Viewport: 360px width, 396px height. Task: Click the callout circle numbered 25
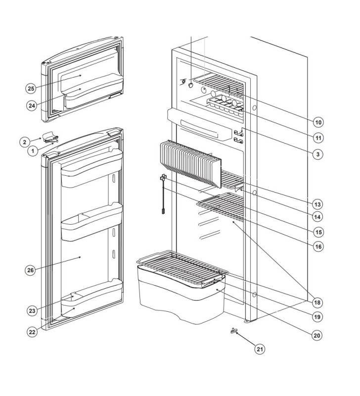[31, 89]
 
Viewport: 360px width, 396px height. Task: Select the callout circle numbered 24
[33, 105]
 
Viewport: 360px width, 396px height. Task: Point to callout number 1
[33, 150]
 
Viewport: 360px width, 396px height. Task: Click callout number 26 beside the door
[31, 270]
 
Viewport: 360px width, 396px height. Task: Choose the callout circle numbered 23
[33, 311]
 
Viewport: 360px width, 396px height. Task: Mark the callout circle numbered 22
[32, 332]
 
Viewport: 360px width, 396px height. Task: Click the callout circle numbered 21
[260, 349]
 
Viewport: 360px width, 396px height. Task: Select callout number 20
[317, 335]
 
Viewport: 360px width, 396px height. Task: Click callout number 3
[318, 154]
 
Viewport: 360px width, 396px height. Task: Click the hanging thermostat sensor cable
[162, 196]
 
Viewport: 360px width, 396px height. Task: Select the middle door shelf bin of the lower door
[90, 224]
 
